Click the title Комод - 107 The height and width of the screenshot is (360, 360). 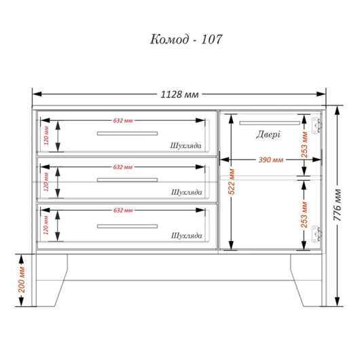[186, 39]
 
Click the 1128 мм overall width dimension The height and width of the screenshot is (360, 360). [179, 94]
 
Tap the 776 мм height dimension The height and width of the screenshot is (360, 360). [338, 205]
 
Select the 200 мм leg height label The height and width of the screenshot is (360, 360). [22, 280]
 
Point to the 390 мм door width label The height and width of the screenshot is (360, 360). [271, 160]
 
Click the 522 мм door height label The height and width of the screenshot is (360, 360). [232, 181]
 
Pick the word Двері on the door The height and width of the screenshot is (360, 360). [268, 134]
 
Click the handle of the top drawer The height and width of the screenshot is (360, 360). [127, 133]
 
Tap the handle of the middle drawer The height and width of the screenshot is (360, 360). [127, 180]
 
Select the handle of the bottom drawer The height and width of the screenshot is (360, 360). [127, 226]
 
